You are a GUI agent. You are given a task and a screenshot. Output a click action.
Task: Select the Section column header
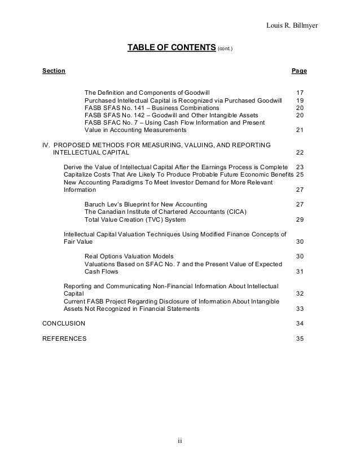pos(54,71)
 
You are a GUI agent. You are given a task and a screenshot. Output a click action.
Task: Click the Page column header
pos(299,71)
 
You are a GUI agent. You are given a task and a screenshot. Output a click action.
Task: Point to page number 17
pos(300,92)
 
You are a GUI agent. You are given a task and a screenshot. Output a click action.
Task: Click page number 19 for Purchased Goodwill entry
pos(300,100)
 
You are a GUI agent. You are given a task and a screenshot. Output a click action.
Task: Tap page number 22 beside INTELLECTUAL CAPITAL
pos(300,153)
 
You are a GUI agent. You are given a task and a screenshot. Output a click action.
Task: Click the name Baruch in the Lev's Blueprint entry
pos(95,204)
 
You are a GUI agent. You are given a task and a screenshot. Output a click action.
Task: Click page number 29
pos(300,219)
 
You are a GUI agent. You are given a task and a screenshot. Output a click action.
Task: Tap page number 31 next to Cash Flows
pos(300,271)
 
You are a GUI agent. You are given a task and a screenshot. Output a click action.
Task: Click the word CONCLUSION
pos(64,324)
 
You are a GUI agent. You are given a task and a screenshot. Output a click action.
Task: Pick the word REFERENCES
pos(65,338)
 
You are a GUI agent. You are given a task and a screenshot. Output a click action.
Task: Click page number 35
pos(300,338)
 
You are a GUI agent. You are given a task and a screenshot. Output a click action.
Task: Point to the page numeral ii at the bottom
pos(179,441)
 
